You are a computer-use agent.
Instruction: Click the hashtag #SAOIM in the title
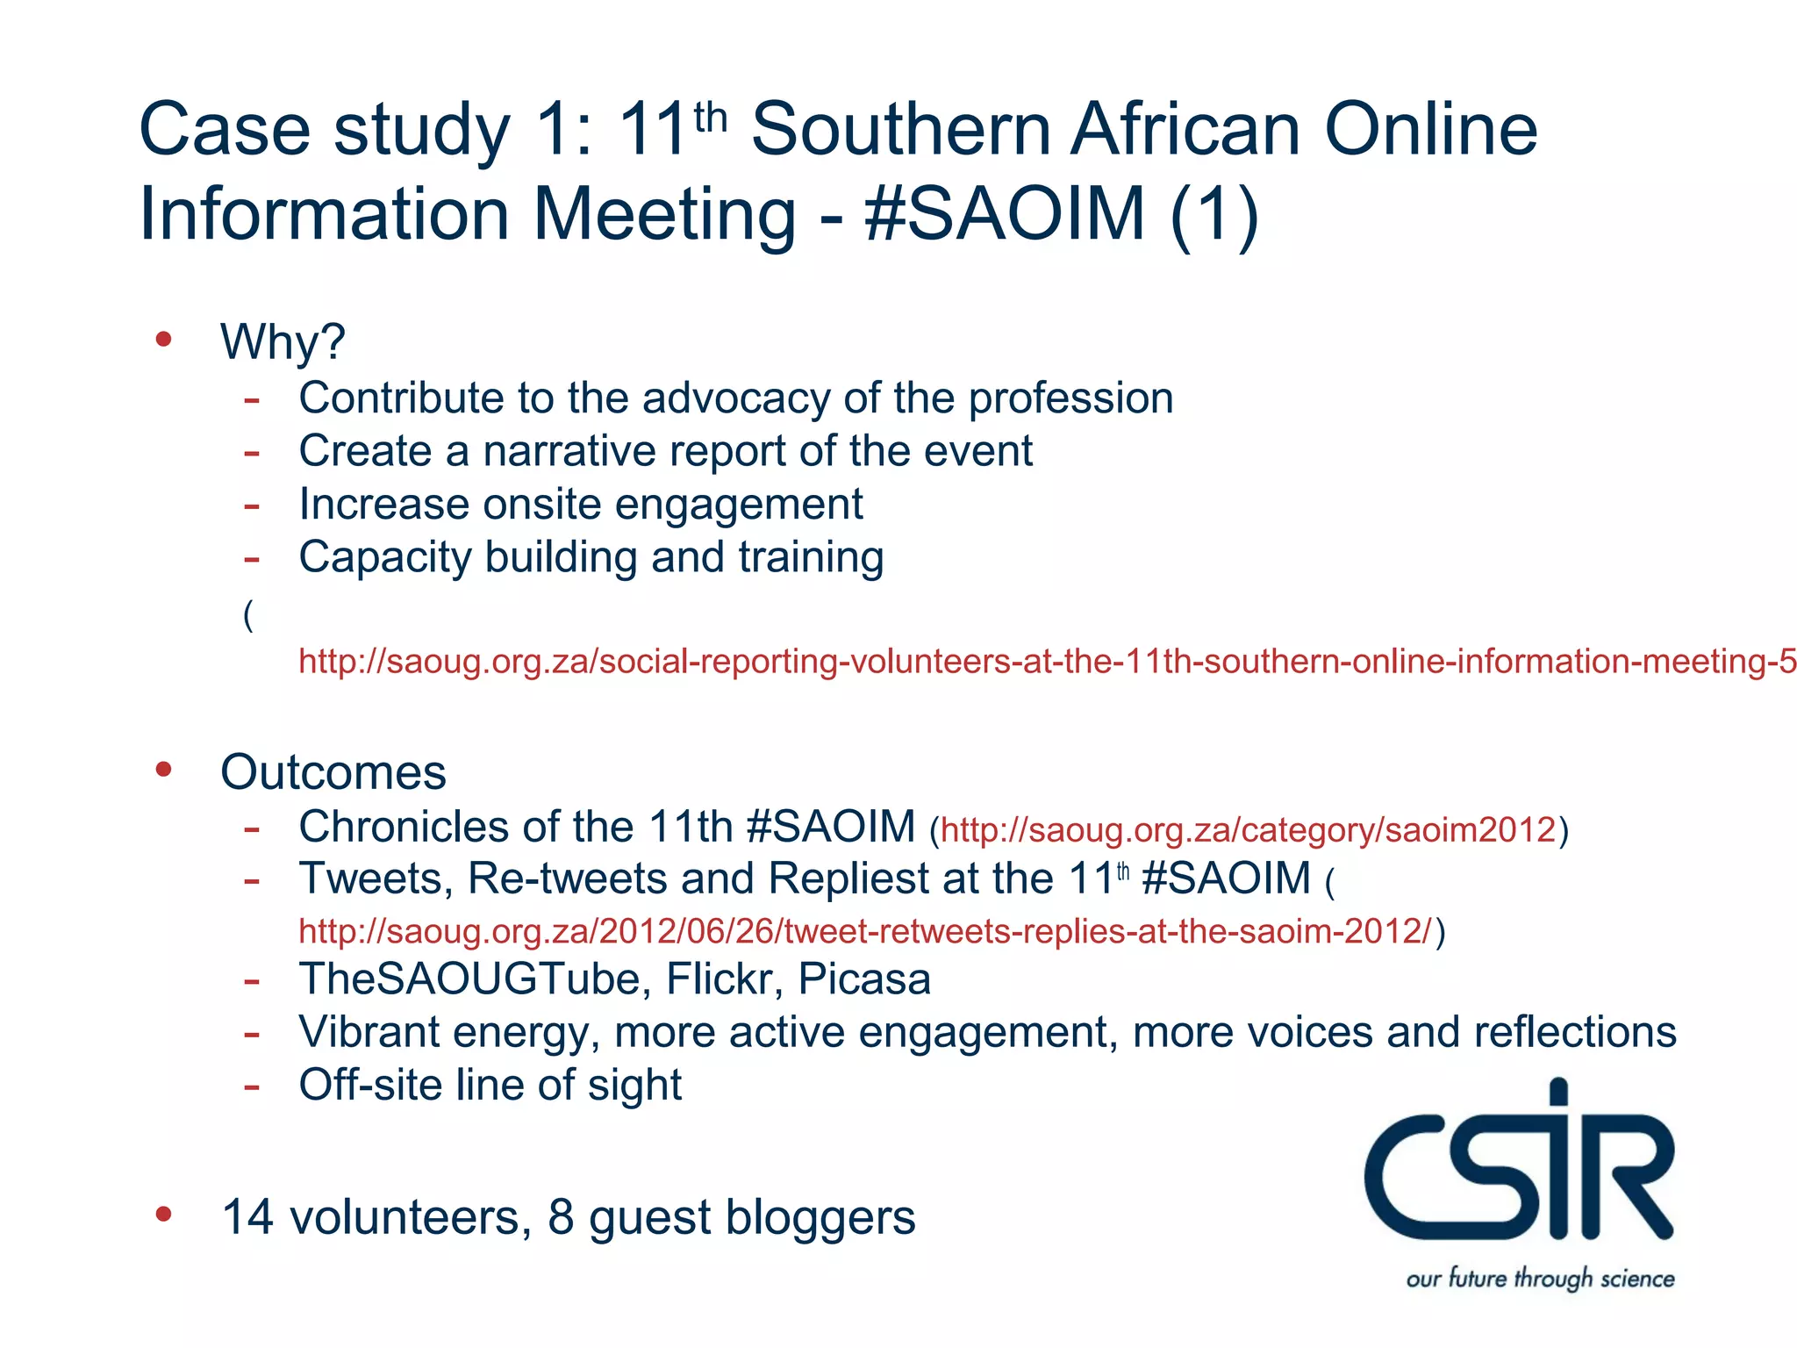coord(1005,213)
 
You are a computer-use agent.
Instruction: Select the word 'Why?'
coord(283,341)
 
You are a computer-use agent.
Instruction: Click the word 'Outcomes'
coord(333,772)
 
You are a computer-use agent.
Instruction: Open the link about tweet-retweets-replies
coord(865,930)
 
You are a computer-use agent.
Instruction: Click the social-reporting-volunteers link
coord(1044,661)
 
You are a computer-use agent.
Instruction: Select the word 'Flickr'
coord(724,979)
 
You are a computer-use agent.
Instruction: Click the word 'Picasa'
coord(864,979)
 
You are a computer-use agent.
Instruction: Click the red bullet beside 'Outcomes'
coord(163,769)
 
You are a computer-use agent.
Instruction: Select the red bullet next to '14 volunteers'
coord(163,1214)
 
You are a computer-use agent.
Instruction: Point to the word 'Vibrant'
coord(368,1032)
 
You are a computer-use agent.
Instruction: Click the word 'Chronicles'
coord(404,827)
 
